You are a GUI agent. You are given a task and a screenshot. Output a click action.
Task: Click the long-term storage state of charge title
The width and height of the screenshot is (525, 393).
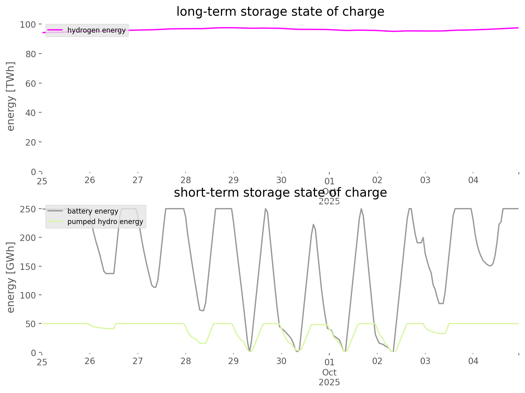click(280, 12)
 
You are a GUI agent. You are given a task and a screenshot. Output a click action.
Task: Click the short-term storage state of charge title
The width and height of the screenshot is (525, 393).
click(280, 193)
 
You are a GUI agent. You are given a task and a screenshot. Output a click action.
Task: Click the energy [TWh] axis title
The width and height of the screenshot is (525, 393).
click(11, 96)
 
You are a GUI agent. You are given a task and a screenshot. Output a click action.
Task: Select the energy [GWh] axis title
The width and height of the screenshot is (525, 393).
click(11, 277)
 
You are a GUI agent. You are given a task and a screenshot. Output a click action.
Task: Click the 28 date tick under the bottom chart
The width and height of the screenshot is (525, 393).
click(186, 361)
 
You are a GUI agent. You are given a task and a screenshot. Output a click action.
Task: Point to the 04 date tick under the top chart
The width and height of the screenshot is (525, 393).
click(473, 180)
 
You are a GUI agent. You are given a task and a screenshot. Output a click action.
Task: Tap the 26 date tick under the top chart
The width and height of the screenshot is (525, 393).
click(90, 180)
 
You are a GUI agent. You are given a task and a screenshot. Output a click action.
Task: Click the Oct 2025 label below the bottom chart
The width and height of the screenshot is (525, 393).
click(329, 377)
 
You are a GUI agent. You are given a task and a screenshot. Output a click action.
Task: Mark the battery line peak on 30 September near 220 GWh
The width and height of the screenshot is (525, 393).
click(313, 224)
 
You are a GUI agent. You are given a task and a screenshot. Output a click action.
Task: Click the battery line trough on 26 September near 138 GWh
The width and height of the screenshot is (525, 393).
click(110, 273)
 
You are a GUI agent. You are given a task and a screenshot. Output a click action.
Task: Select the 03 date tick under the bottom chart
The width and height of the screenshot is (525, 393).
click(425, 361)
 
